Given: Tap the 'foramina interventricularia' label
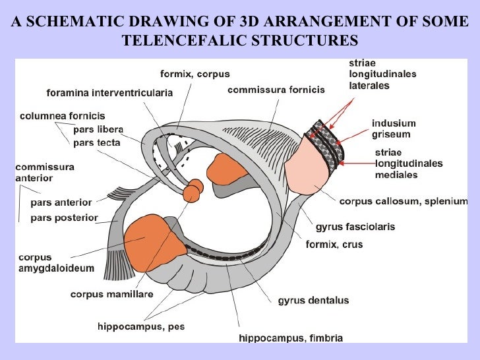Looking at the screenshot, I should point(109,94).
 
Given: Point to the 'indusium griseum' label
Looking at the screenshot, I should point(392,129).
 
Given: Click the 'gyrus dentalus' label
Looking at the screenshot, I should point(313,301).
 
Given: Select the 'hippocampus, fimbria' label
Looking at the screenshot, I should point(290,338).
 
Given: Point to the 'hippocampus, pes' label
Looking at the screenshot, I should point(142,326).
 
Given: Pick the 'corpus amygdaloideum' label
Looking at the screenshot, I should point(56,263).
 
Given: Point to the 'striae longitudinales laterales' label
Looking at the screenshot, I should point(382,75).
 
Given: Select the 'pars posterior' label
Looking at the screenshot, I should point(64,218).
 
